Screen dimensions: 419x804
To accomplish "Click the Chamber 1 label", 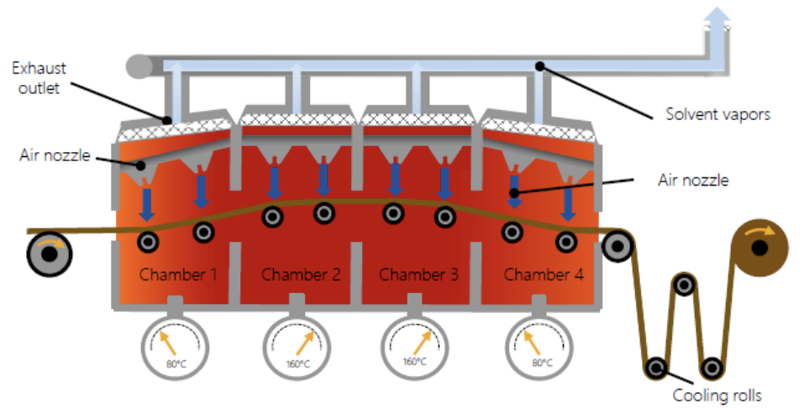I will pyautogui.click(x=178, y=274).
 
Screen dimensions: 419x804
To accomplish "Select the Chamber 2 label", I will pyautogui.click(x=300, y=274).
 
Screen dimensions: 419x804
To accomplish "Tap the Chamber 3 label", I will pyautogui.click(x=418, y=274).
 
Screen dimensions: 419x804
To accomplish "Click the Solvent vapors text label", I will pyautogui.click(x=717, y=114).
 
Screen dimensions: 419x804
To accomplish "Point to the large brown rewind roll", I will pyautogui.click(x=760, y=248).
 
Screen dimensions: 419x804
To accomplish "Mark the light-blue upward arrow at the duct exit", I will pyautogui.click(x=717, y=20).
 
